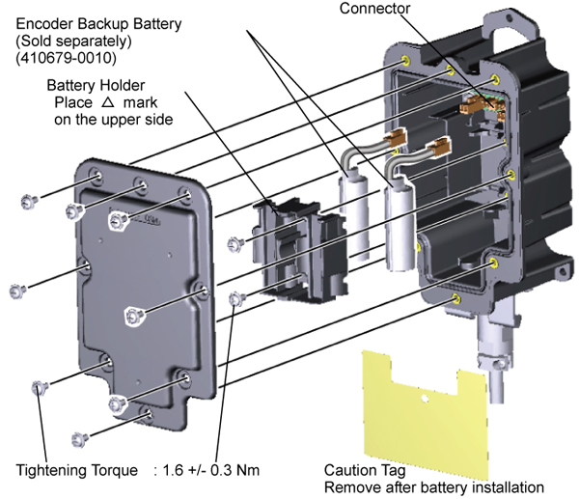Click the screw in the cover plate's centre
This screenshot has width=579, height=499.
[x=135, y=315]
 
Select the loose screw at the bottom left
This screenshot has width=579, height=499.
[x=81, y=439]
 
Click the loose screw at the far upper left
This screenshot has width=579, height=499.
[x=27, y=200]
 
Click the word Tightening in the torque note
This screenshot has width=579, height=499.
[x=56, y=472]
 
